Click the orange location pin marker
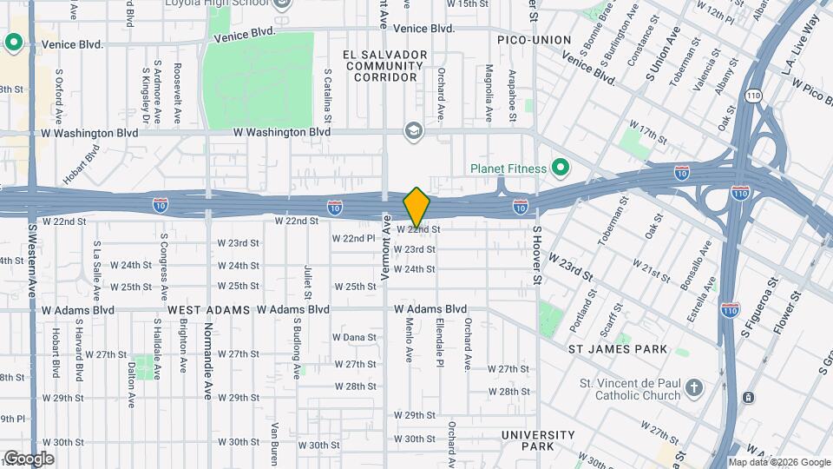point(416,207)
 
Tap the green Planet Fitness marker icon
point(561,168)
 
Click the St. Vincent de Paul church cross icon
point(693,387)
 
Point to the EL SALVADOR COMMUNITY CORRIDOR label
point(385,66)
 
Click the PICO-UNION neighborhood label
point(534,40)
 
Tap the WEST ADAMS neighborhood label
point(209,309)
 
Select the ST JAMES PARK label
point(617,349)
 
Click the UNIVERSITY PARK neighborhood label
point(538,440)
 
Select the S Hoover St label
point(537,255)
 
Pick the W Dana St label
point(354,338)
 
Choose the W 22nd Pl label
point(353,238)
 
